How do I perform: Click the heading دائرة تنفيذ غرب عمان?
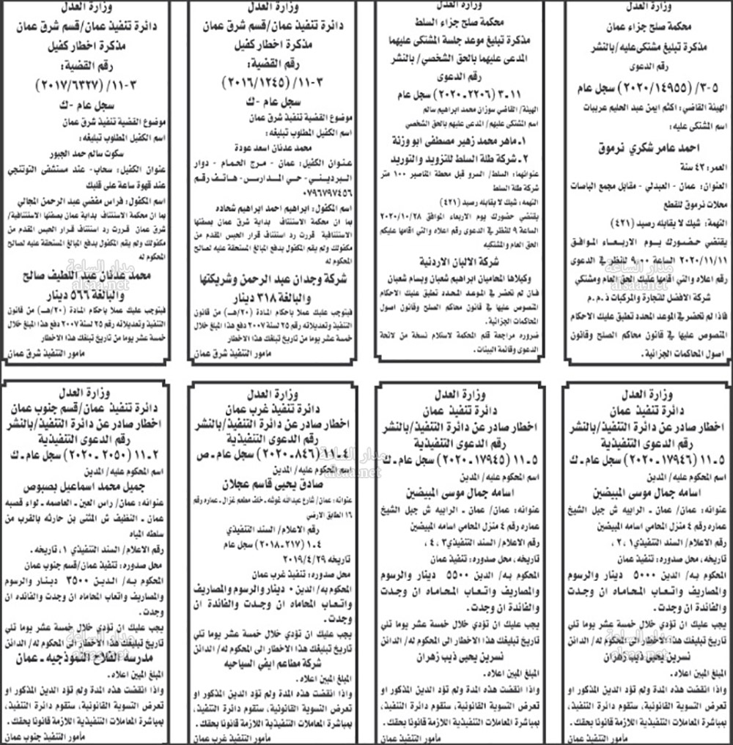(274, 409)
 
